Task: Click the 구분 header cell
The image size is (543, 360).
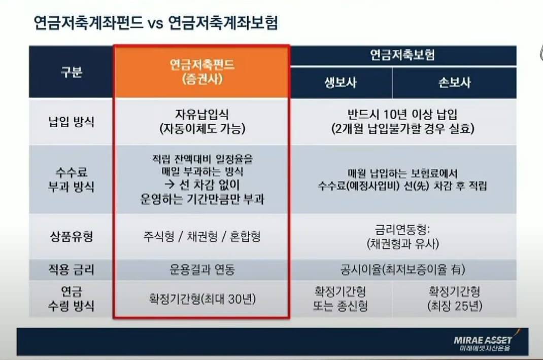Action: [x=71, y=72]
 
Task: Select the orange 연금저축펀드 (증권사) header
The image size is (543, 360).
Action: [x=202, y=71]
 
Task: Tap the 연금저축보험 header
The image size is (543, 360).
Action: [x=404, y=55]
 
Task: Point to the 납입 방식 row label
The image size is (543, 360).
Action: [x=71, y=122]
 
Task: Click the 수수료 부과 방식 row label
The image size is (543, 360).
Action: [x=71, y=179]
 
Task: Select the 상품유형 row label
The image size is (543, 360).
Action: [x=71, y=236]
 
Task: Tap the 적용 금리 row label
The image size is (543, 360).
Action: [x=71, y=270]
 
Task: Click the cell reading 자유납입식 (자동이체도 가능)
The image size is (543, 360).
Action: [x=202, y=122]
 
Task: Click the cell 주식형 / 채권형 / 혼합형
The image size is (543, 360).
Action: [x=202, y=236]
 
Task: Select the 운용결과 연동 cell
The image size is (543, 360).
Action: [x=202, y=270]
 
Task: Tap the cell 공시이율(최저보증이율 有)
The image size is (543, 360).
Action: [x=404, y=270]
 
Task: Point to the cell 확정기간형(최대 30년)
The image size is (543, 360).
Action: [x=202, y=299]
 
